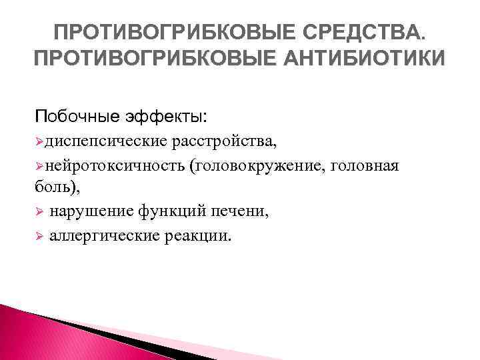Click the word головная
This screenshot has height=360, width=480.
click(x=371, y=166)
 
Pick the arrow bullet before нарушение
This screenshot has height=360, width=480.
click(x=39, y=212)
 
